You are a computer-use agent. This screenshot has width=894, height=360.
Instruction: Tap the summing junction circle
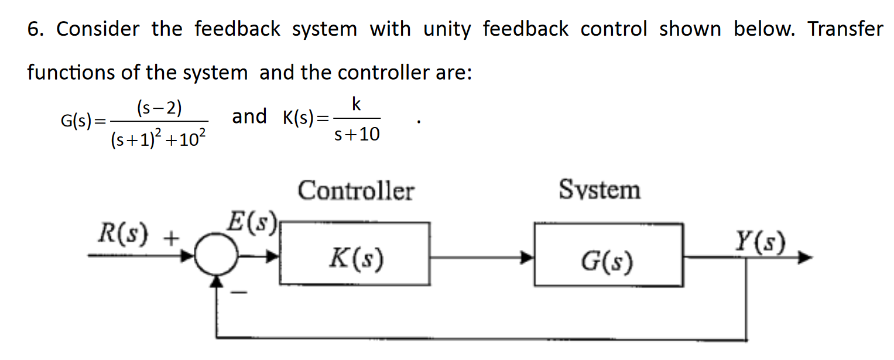click(216, 256)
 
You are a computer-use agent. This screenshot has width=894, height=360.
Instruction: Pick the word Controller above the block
click(355, 191)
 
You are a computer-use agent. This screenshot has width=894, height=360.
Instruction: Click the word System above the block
click(600, 190)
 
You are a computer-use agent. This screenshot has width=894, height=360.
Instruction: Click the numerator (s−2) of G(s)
click(159, 108)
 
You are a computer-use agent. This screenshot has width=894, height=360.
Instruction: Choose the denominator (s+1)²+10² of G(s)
click(157, 140)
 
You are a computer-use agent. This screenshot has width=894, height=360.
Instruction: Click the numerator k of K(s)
click(356, 104)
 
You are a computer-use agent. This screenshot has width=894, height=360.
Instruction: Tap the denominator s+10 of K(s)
click(356, 135)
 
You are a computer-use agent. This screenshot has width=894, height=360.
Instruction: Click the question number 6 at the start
click(34, 29)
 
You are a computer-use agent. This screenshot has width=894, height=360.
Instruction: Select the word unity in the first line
click(447, 29)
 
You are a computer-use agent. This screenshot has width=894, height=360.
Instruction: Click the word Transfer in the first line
click(845, 29)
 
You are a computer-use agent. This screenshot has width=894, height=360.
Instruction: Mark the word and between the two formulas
click(249, 116)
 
